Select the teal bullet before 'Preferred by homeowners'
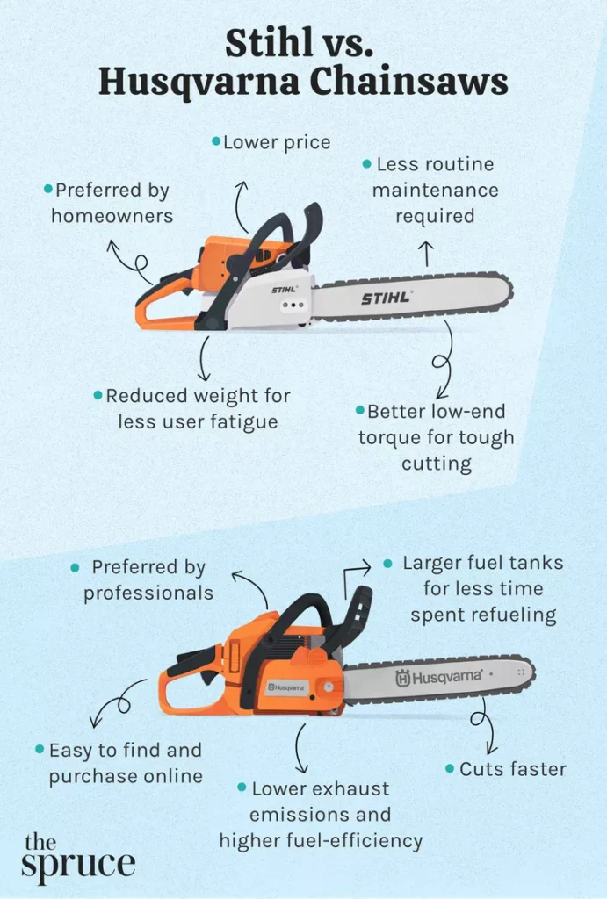tap(48, 189)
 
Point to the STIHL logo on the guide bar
tap(387, 298)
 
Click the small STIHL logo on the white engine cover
tap(284, 290)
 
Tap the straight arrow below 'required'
tap(426, 254)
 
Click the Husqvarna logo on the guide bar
tap(439, 677)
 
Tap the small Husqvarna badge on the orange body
tap(287, 687)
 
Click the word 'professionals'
tap(148, 593)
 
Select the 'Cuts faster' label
tap(513, 769)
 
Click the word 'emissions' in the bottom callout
tap(320, 814)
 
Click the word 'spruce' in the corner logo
tap(78, 865)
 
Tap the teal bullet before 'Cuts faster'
tap(450, 768)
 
